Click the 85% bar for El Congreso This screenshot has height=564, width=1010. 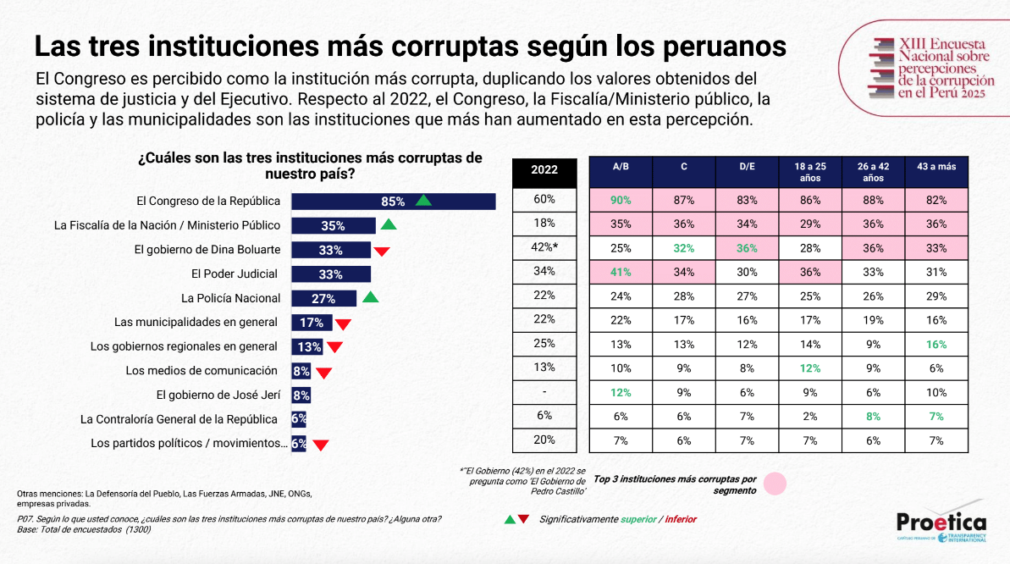coord(393,202)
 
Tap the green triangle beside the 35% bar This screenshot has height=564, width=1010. coord(388,224)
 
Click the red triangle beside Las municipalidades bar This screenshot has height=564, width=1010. coord(343,323)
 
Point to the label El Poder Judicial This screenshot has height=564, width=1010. coord(235,274)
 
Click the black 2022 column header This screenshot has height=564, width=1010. coord(544,169)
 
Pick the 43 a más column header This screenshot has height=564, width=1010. coord(936,167)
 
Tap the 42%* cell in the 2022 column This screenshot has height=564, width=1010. coord(544,247)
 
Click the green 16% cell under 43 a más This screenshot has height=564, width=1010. coord(936,344)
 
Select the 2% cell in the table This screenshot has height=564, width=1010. coord(810,416)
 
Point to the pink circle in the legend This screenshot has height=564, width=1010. coord(775,484)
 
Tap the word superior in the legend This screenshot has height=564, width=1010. coord(638,519)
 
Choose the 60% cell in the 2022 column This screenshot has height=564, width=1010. coord(544,200)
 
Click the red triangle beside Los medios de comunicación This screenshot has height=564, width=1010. coord(323,373)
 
